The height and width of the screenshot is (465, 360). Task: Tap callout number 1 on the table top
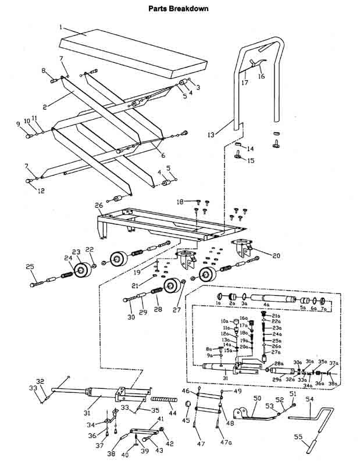pos(61,27)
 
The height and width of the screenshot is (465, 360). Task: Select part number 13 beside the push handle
pos(211,135)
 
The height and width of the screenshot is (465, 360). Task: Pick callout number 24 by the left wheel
pos(68,258)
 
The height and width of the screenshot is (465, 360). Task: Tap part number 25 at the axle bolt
pos(30,267)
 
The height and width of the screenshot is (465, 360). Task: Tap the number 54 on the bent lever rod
pos(309,399)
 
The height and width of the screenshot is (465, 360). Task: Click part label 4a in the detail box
pos(267,303)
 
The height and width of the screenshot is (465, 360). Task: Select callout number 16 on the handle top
pos(261,76)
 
